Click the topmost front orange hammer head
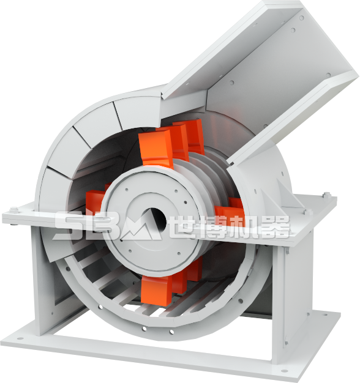[x=156, y=148]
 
